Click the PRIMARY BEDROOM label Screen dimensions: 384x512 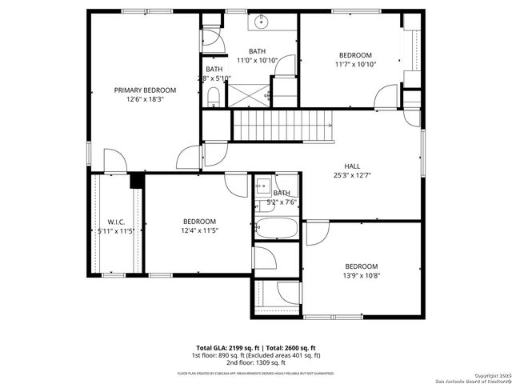[x=145, y=90]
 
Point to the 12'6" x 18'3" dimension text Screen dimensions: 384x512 [x=145, y=101]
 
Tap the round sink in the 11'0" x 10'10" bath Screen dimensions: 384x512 [x=263, y=23]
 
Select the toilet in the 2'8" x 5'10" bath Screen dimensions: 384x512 [x=214, y=98]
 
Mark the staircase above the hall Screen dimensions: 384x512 [x=281, y=126]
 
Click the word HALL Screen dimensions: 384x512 [x=352, y=166]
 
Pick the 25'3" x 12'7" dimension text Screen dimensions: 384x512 [x=352, y=176]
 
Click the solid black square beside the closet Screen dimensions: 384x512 [x=136, y=181]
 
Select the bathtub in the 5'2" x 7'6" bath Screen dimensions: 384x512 [x=277, y=228]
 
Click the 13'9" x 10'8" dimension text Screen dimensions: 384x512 [x=362, y=276]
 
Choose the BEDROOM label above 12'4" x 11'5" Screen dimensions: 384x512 [x=199, y=222]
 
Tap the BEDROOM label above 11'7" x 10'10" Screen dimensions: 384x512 [x=355, y=54]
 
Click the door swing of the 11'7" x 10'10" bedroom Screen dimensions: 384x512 [x=386, y=98]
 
